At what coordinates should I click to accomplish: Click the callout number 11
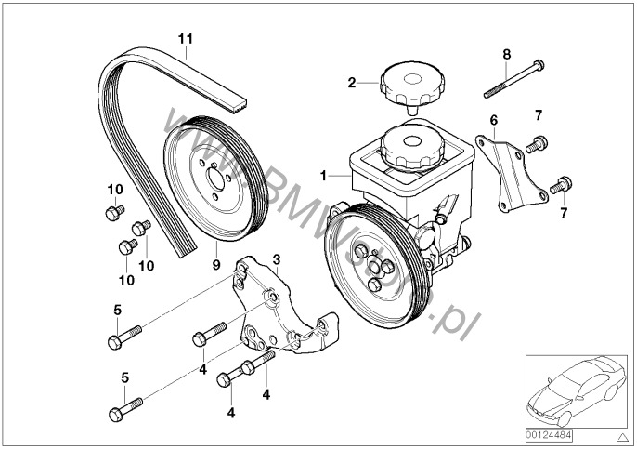click(x=186, y=38)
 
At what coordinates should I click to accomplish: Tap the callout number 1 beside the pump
click(x=322, y=174)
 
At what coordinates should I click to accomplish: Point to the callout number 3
click(x=276, y=258)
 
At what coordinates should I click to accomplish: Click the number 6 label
click(x=494, y=120)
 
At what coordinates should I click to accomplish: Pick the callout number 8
click(x=506, y=54)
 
